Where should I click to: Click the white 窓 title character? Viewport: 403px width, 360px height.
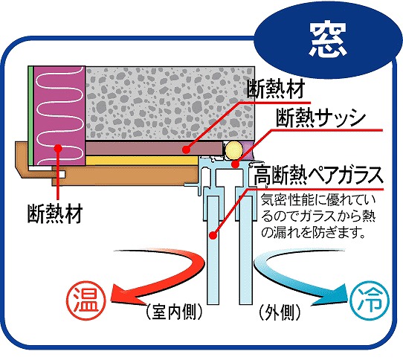point(327,40)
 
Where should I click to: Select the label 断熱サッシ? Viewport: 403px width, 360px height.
point(320,118)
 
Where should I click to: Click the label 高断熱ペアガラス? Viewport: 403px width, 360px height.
point(318,175)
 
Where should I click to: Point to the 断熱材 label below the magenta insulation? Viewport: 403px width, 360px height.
point(55,213)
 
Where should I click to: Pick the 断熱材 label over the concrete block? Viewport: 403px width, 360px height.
point(276,89)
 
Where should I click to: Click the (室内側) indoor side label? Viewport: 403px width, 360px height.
point(174,312)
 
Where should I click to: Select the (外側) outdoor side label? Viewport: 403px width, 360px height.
point(280,312)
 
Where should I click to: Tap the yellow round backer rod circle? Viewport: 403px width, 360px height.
point(234,150)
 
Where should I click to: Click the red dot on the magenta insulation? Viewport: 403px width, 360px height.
point(59,148)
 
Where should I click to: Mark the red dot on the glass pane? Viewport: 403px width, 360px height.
point(213,235)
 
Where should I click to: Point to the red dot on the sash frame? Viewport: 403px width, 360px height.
point(235,164)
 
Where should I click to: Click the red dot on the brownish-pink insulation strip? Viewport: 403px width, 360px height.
point(187,150)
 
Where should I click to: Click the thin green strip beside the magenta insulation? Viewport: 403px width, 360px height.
point(30,116)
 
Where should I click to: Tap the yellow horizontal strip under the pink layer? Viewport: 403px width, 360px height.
point(142,161)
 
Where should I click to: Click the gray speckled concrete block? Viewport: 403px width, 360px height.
point(170,103)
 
